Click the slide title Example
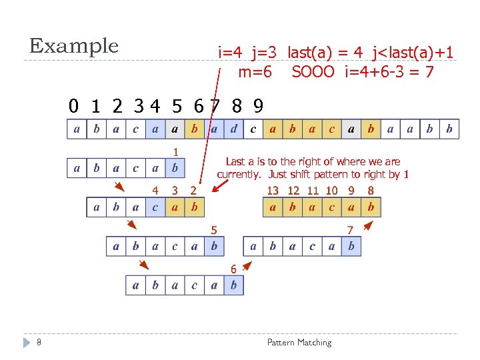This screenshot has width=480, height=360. tap(73, 47)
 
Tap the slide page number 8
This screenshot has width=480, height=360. tap(39, 343)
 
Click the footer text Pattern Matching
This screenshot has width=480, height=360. tap(299, 343)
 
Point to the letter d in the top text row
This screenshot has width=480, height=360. tap(233, 129)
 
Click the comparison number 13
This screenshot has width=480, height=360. tap(273, 191)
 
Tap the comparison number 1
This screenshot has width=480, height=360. tap(175, 152)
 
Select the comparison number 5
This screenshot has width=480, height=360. tap(214, 230)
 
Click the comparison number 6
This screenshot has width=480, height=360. tap(233, 269)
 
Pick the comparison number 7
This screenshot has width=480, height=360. tap(350, 230)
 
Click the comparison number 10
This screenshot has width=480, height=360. tap(331, 191)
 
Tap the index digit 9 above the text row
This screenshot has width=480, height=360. tap(257, 106)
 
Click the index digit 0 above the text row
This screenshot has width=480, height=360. tap(74, 106)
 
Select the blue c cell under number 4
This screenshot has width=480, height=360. tap(155, 207)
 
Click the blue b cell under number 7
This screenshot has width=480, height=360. tap(351, 247)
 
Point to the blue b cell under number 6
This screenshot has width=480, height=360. tap(233, 286)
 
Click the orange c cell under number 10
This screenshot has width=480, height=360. tap(331, 207)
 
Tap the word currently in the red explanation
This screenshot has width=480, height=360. tap(240, 175)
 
